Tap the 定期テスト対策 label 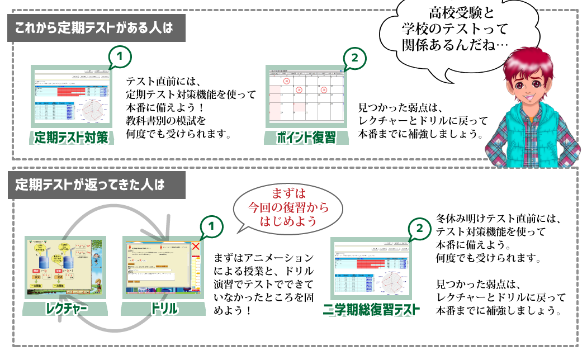point(71,137)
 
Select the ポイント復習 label point(307,137)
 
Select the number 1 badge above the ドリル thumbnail point(211,226)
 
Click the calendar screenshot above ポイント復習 point(306,96)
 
